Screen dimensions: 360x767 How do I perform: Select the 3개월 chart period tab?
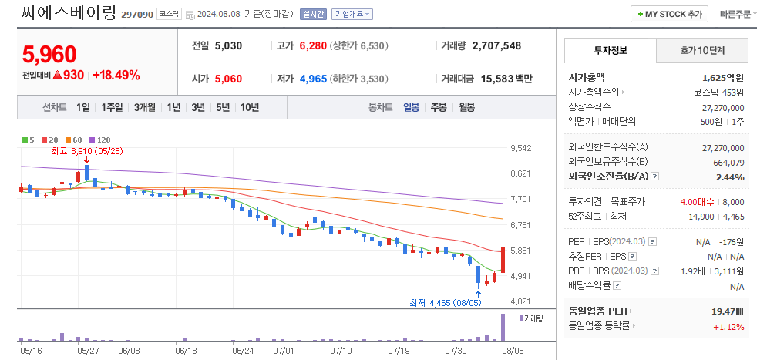tap(145, 107)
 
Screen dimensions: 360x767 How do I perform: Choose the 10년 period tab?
tap(249, 107)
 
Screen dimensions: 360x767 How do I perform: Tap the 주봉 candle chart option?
tap(439, 107)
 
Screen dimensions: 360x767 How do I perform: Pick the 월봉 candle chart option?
tap(466, 107)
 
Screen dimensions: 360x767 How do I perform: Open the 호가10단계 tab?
tap(702, 50)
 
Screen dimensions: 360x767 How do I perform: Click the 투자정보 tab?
tap(611, 50)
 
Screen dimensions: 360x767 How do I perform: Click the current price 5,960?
tap(49, 55)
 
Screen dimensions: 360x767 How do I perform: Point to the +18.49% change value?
tap(116, 75)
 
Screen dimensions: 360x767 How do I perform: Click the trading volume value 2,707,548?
tap(496, 45)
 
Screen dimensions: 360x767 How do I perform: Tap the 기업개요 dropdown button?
tap(352, 14)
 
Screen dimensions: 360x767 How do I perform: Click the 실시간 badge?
tap(314, 14)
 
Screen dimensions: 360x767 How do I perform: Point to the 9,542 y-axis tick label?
tap(521, 148)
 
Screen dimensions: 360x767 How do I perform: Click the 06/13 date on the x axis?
tap(187, 350)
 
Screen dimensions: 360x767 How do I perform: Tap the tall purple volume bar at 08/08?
tap(503, 328)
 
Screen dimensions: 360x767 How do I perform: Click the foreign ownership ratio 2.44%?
tap(729, 177)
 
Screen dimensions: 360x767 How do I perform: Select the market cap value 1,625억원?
tap(723, 77)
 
